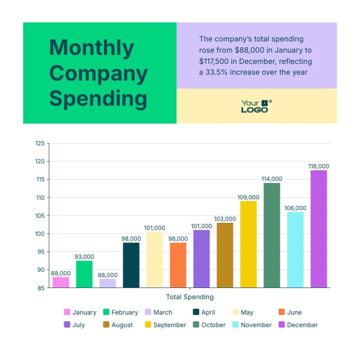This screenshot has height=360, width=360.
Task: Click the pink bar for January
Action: click(61, 282)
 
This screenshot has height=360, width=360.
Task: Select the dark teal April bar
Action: click(131, 265)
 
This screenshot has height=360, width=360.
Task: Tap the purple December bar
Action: click(319, 229)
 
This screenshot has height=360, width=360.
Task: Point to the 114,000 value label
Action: click(272, 179)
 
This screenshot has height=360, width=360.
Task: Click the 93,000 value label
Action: click(84, 256)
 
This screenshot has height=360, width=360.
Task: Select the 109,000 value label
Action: click(248, 197)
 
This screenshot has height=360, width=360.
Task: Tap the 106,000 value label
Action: click(295, 208)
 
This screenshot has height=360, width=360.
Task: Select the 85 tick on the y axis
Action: click(40, 288)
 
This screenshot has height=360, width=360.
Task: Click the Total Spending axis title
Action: click(189, 297)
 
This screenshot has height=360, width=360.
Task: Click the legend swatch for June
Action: click(282, 312)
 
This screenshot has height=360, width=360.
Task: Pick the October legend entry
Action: click(209, 325)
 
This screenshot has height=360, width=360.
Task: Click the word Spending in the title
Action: click(98, 99)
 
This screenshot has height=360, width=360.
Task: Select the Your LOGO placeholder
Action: click(256, 106)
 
